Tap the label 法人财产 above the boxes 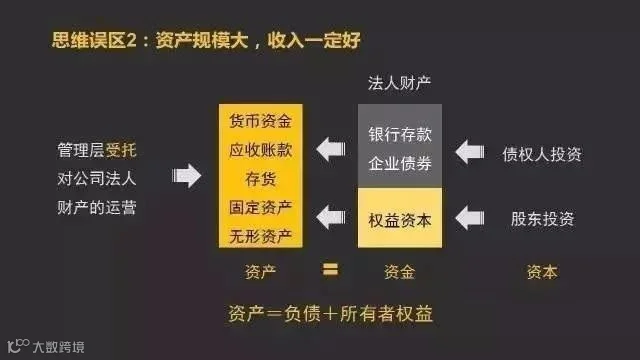[x=399, y=83]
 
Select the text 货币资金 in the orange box [x=260, y=121]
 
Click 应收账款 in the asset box [x=260, y=150]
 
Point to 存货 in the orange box [x=260, y=179]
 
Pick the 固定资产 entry [x=260, y=207]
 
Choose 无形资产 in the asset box [x=260, y=236]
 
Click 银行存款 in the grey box [x=400, y=134]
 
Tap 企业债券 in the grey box [x=400, y=163]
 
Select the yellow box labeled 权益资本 [x=400, y=218]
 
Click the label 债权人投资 [x=542, y=154]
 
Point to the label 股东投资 [x=542, y=219]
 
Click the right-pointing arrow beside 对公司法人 [x=187, y=176]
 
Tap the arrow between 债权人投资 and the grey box [x=470, y=152]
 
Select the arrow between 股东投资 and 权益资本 [x=470, y=218]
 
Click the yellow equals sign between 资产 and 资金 [x=330, y=270]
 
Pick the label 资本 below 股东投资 [x=542, y=272]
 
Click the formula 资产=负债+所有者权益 [x=330, y=314]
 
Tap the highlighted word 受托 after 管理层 [x=121, y=150]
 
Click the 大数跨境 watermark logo [x=46, y=346]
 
